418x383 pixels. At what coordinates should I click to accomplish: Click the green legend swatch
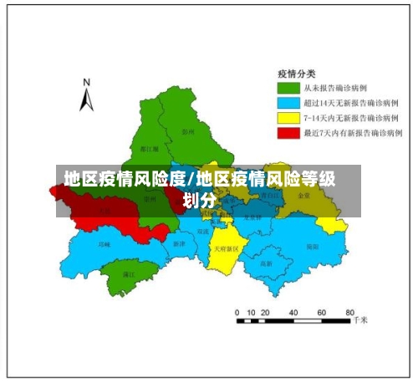[289, 88]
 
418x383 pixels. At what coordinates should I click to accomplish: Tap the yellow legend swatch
[289, 118]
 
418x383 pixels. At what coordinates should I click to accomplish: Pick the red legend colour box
[289, 133]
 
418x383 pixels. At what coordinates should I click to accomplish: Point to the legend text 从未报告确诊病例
[334, 88]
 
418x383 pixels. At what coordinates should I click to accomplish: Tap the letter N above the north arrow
[85, 83]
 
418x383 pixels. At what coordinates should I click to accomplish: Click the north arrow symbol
[86, 101]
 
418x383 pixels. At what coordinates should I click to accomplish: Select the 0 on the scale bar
[237, 311]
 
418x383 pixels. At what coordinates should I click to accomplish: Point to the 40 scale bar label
[295, 311]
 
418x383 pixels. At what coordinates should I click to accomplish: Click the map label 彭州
[188, 132]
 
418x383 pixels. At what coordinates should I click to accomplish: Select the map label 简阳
[312, 247]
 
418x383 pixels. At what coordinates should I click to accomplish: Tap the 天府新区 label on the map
[226, 249]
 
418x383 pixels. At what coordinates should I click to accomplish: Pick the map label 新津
[179, 243]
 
